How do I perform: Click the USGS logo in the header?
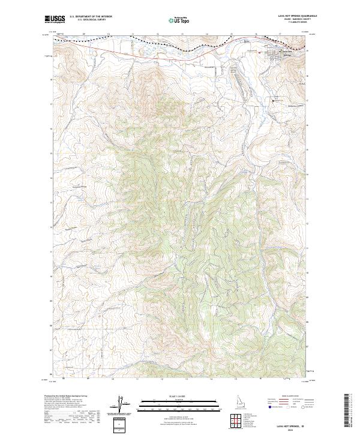55,19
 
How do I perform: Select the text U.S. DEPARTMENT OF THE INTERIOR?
91,17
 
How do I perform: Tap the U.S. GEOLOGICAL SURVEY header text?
91,20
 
